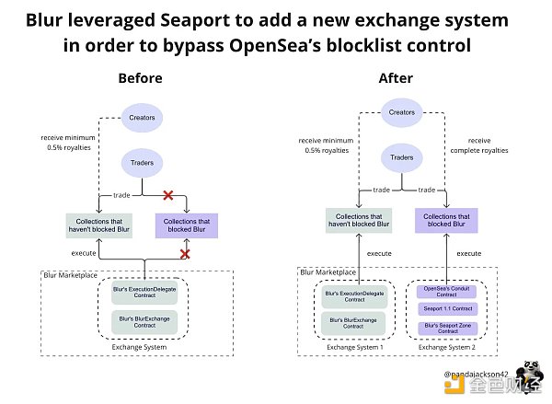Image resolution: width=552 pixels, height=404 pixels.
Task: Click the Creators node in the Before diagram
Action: click(x=142, y=118)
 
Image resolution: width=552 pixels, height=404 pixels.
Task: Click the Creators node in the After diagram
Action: click(x=401, y=111)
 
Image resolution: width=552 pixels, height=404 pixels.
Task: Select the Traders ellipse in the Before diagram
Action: click(x=142, y=163)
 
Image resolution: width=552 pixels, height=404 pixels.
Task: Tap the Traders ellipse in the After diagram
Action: click(x=401, y=158)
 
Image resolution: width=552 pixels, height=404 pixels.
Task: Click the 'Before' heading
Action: click(x=141, y=79)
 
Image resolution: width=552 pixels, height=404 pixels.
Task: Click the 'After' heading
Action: click(x=396, y=79)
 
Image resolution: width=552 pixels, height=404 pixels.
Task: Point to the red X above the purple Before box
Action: click(x=168, y=195)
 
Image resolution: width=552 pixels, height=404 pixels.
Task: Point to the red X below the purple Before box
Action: click(x=185, y=253)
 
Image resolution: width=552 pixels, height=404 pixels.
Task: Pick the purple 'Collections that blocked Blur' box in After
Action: click(x=445, y=219)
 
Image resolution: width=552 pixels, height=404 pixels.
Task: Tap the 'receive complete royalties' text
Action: click(x=468, y=145)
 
